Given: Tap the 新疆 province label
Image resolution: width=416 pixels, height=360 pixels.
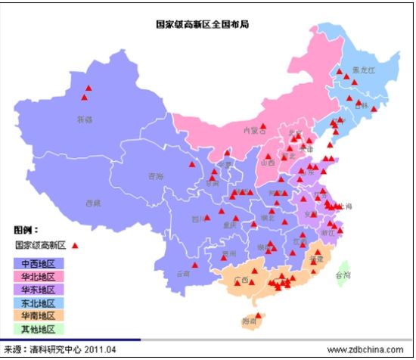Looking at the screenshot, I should [x=84, y=119].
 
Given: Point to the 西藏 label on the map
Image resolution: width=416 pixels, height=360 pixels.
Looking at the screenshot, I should [x=93, y=203].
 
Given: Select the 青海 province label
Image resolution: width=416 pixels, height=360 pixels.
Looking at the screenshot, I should [x=155, y=176].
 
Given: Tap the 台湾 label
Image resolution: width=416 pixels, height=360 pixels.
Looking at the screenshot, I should [x=342, y=275].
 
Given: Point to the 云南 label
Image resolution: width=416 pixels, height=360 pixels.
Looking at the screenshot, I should [x=182, y=273].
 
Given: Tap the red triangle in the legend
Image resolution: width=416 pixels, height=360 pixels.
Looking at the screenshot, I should [x=75, y=246].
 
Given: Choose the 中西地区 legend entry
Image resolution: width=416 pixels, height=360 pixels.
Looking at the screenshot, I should [x=39, y=263].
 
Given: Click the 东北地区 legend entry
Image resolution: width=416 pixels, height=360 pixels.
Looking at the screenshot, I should [x=39, y=303].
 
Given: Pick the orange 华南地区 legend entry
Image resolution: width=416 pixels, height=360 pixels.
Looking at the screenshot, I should [x=39, y=315].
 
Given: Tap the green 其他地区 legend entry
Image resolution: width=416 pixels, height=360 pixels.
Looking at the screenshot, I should [x=39, y=328].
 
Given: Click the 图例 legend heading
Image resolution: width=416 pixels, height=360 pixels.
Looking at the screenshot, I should [x=26, y=228].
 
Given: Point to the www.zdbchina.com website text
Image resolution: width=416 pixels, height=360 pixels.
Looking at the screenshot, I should [x=366, y=349].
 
